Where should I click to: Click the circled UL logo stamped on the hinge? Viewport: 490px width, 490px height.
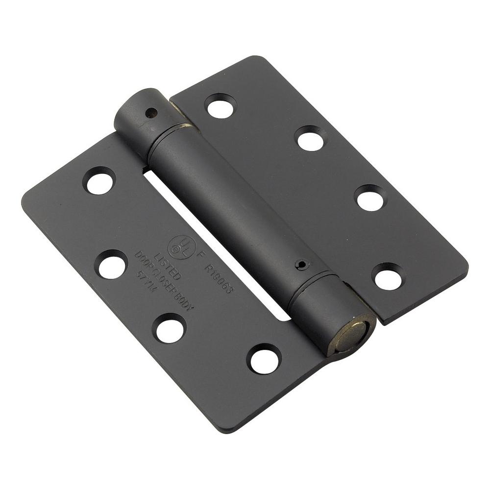pos(178,243)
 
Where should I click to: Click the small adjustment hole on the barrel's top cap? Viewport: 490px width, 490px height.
pos(151,113)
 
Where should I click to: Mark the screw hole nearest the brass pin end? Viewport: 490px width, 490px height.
pos(264,359)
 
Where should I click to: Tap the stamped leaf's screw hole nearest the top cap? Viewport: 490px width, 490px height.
pos(99,181)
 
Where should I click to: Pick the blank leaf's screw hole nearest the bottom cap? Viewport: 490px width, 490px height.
pos(388,277)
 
